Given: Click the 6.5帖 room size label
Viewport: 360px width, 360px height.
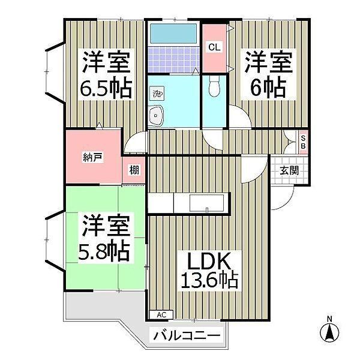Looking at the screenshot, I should click(106, 89).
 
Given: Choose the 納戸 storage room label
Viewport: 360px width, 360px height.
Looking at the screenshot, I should click(92, 157).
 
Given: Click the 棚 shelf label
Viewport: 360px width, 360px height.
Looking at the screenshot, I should click(134, 170).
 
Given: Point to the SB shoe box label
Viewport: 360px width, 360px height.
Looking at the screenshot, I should click(303, 143).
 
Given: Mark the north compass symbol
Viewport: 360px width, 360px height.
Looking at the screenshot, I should click(329, 331).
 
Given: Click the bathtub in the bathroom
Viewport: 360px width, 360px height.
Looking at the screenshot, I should click(173, 33).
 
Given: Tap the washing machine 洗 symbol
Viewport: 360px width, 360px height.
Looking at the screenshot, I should click(157, 94).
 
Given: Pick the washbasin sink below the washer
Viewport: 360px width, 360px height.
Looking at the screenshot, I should click(157, 116).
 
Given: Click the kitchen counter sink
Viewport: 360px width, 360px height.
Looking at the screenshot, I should click(206, 202).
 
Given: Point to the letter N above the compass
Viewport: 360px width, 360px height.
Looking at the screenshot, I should click(329, 318).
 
